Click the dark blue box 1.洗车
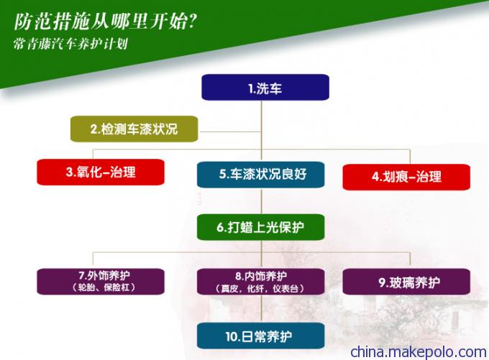(265, 87)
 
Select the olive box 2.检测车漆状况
(134, 129)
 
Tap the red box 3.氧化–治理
(101, 172)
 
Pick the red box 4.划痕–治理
(406, 177)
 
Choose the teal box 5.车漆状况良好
(261, 175)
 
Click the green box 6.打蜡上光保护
(261, 227)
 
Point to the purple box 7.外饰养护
(101, 282)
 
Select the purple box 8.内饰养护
(261, 282)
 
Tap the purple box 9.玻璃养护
(406, 282)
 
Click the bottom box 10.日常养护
(261, 336)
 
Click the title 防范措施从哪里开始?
(106, 22)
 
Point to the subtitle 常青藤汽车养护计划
(70, 44)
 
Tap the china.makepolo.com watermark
(419, 352)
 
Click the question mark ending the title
(193, 22)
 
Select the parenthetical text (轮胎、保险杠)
(104, 287)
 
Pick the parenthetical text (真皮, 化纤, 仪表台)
(260, 288)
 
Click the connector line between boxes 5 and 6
(261, 201)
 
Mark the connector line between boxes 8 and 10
(261, 308)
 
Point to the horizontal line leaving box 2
(230, 131)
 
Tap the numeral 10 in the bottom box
(232, 336)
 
